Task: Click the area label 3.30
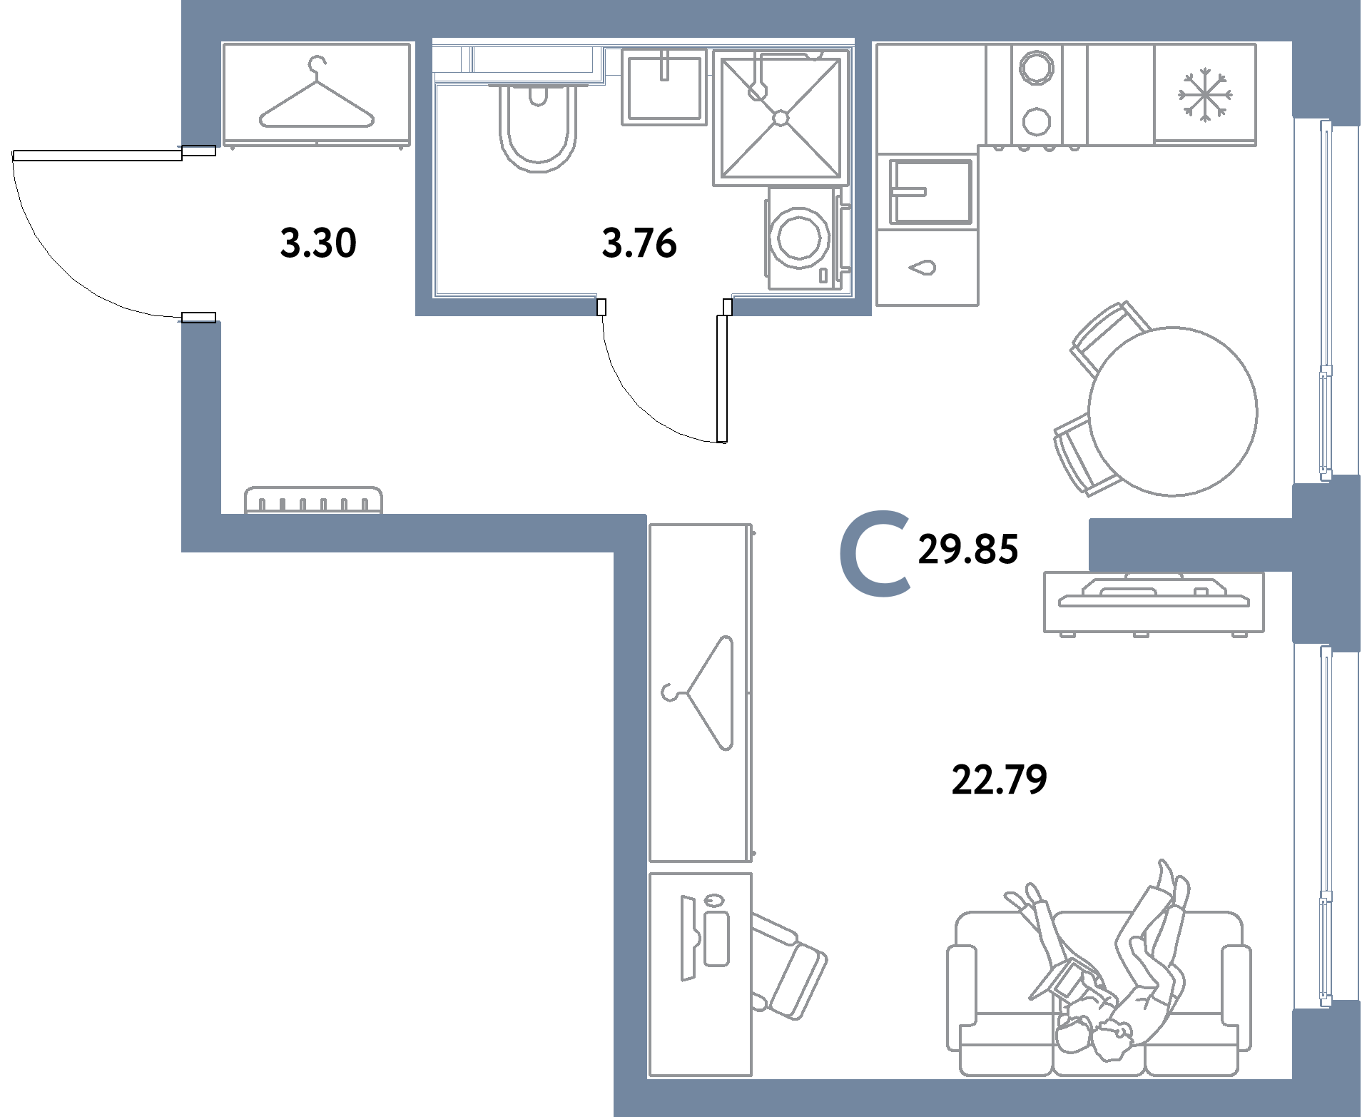pos(318,243)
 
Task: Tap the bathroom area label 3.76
pos(639,243)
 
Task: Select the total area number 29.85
pos(968,549)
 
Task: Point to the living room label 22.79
pos(999,779)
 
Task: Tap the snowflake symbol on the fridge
pos(1204,93)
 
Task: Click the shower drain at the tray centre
pos(781,118)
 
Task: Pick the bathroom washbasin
pos(664,87)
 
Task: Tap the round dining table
pos(1172,411)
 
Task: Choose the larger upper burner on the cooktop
pos(1035,69)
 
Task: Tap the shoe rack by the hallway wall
pos(313,500)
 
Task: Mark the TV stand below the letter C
pos(1153,602)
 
